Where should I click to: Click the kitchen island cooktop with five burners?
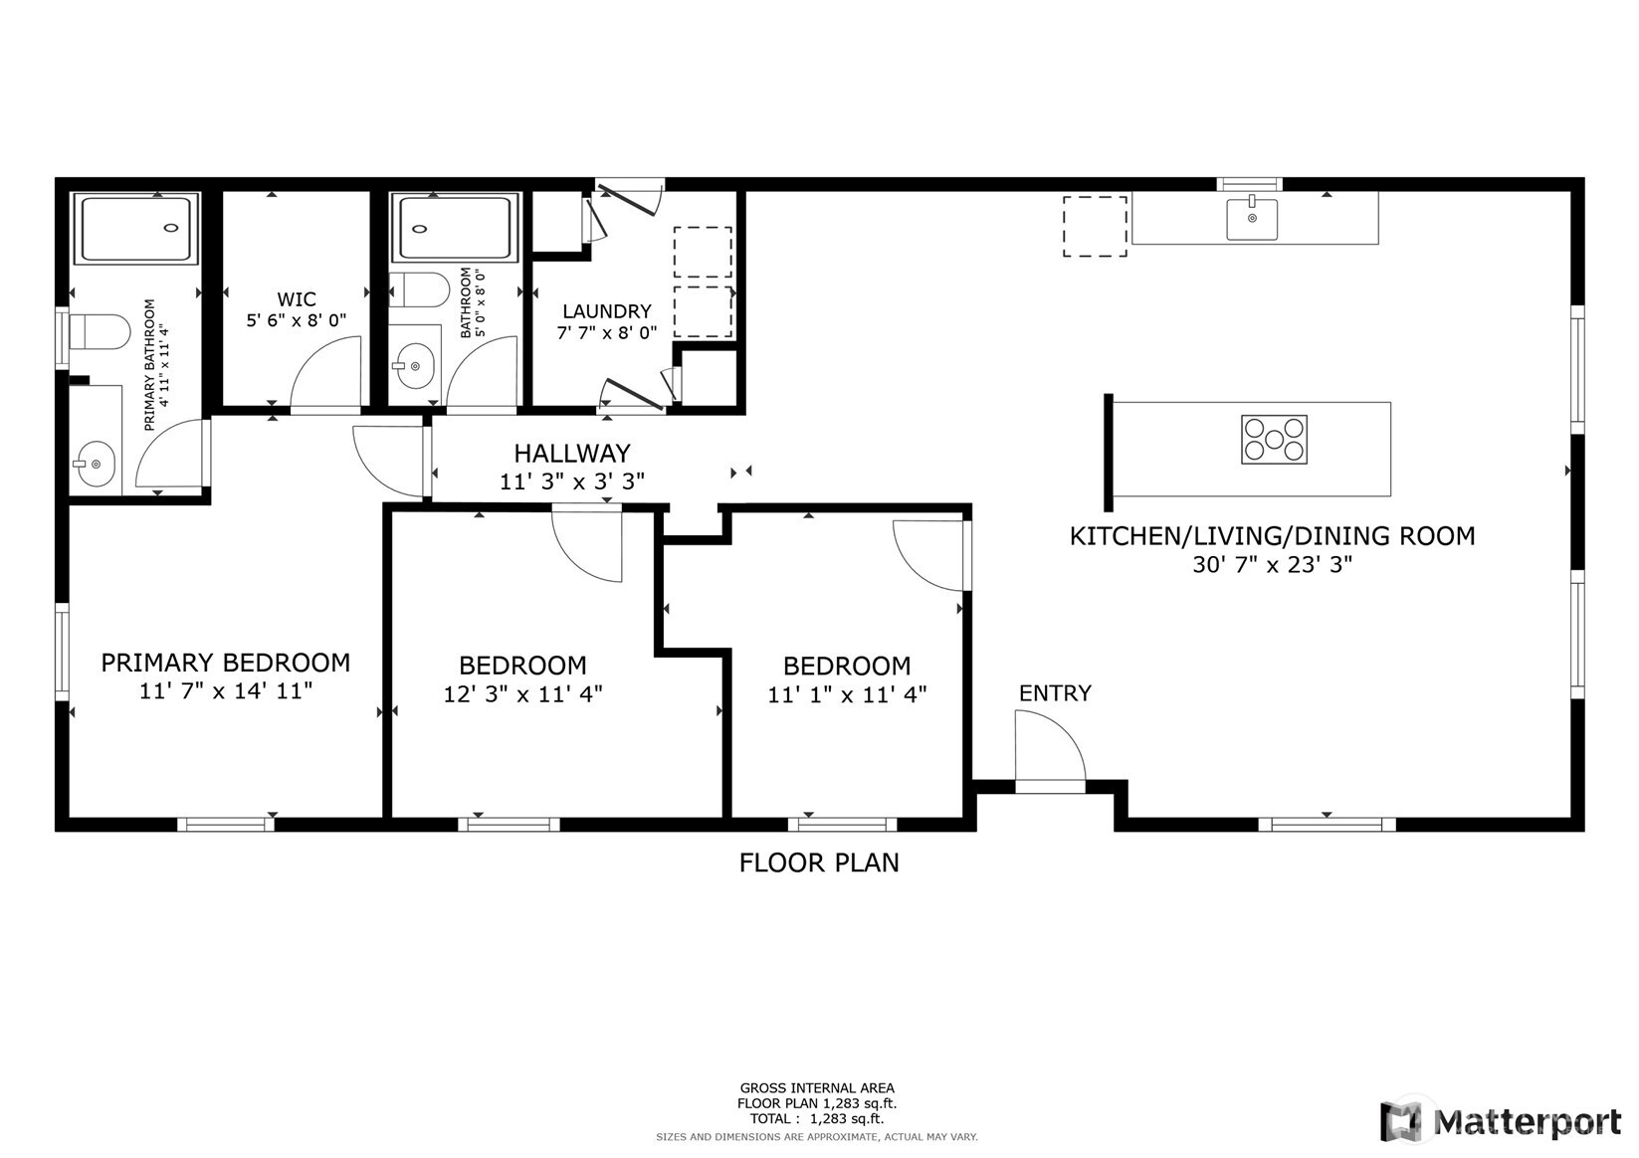(1274, 439)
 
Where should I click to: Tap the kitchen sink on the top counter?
(1251, 219)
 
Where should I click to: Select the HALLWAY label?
(571, 454)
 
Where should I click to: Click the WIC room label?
(297, 299)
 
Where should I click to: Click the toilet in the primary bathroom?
(100, 332)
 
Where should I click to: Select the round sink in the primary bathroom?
(95, 464)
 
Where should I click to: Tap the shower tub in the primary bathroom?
(136, 229)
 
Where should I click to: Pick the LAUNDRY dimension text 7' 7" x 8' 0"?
(606, 333)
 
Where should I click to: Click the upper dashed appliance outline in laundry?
(703, 252)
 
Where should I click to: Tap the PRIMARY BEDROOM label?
(226, 663)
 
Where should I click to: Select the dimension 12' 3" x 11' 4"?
(522, 694)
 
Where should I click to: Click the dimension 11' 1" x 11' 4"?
(847, 694)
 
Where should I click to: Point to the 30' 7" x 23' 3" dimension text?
(1272, 565)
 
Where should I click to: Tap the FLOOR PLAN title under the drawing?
(818, 863)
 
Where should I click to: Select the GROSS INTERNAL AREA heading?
(816, 1088)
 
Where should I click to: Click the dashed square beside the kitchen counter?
(1095, 227)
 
